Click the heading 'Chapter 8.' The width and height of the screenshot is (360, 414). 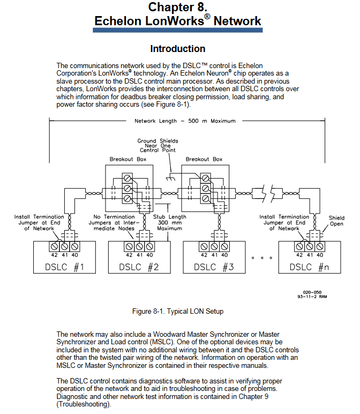click(177, 7)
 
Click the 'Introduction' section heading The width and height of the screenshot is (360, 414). click(177, 49)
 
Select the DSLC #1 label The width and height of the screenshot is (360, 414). click(64, 267)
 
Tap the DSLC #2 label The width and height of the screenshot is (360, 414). click(139, 267)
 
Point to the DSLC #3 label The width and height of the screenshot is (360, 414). click(214, 267)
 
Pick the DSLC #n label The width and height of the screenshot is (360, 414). click(310, 267)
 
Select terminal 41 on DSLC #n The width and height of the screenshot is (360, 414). click(309, 246)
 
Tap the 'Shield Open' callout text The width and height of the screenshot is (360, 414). click(336, 221)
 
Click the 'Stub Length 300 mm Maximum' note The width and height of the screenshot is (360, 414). click(170, 223)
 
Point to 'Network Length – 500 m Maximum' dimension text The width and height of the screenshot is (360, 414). click(185, 121)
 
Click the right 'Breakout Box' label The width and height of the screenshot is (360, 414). click(204, 159)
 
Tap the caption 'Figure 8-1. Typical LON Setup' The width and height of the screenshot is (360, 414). click(177, 311)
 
